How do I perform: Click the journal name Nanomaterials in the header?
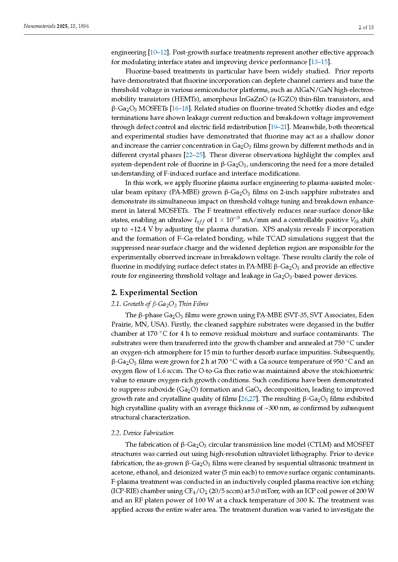point(39,26)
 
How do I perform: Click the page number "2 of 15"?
point(366,27)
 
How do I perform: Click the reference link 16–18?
point(180,108)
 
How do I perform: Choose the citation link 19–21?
point(278,127)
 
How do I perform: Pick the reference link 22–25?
point(194,155)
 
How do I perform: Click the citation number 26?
point(244,399)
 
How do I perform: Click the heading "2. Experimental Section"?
point(154,292)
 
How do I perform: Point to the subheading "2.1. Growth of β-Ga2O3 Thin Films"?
point(159,304)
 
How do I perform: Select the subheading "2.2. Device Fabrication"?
point(142,433)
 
